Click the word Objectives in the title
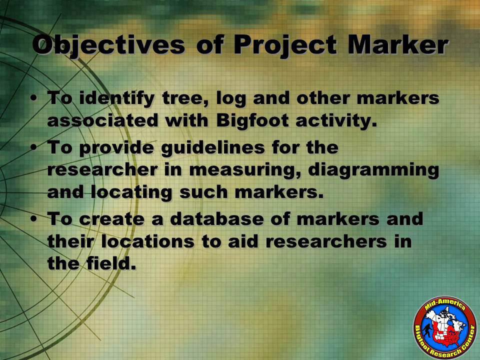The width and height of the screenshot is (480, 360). click(108, 45)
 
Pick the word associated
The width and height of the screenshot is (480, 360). click(102, 120)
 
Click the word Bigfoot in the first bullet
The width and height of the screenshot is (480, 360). click(252, 120)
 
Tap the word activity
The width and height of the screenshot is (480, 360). click(336, 121)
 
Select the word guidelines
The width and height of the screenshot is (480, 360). click(213, 147)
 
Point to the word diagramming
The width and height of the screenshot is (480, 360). click(373, 170)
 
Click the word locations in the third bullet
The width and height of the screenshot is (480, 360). click(147, 241)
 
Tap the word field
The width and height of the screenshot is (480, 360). click(111, 263)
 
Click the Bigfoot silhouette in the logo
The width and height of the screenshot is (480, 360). click(427, 330)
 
